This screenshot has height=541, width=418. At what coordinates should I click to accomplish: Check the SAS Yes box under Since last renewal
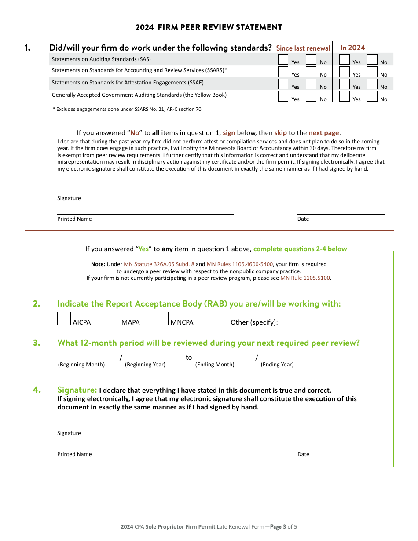click(283, 59)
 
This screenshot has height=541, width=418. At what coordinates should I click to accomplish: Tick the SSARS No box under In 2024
click(372, 72)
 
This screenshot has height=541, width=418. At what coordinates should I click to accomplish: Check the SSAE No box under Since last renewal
click(311, 84)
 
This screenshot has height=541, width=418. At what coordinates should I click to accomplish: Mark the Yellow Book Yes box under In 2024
click(345, 96)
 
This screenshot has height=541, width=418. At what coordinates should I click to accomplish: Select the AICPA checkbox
click(64, 318)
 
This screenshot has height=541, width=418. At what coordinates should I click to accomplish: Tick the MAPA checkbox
click(113, 318)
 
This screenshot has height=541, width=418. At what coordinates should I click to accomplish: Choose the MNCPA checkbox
click(161, 318)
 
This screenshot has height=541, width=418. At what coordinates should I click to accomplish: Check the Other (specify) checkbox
click(217, 318)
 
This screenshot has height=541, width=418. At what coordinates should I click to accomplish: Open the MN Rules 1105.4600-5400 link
click(240, 264)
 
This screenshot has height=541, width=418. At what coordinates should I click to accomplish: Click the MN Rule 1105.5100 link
click(305, 278)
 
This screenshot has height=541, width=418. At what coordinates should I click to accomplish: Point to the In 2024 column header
click(352, 48)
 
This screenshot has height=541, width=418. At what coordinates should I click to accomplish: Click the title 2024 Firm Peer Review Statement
click(209, 27)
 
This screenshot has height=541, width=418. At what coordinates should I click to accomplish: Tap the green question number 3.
click(37, 343)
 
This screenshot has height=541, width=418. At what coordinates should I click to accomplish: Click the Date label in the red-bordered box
click(303, 219)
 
